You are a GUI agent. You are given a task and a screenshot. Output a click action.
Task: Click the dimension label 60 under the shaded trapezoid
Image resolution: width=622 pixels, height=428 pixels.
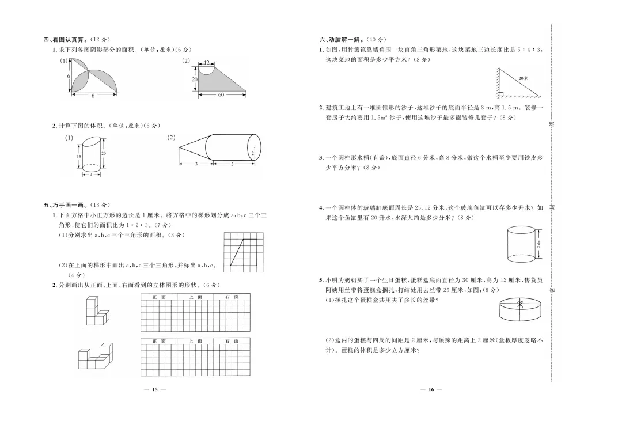click(221, 94)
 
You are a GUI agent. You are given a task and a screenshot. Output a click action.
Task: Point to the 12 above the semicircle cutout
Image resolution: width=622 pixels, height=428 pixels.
click(206, 62)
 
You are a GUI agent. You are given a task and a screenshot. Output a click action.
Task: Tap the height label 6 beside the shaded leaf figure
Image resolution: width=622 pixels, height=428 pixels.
click(68, 76)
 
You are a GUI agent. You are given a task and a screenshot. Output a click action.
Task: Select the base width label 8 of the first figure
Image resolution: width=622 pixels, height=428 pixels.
click(93, 96)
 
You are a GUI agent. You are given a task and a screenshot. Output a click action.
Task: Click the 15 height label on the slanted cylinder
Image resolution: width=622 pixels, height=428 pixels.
click(78, 157)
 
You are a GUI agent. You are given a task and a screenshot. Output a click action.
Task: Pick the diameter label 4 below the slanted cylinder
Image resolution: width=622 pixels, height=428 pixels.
click(90, 174)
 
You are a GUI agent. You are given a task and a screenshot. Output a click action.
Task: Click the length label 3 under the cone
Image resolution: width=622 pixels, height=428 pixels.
click(196, 164)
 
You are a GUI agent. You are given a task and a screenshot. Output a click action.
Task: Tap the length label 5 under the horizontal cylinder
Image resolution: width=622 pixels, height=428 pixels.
click(232, 164)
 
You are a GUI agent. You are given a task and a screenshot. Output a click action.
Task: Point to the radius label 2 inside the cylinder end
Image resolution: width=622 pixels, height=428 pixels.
click(252, 153)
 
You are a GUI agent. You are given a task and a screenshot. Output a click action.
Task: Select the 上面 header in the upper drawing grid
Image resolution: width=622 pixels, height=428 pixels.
click(195, 297)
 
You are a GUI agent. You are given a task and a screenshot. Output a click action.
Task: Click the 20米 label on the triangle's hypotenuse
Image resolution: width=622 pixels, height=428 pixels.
click(522, 78)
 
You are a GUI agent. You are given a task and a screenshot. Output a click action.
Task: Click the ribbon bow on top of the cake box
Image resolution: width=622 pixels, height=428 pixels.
click(519, 303)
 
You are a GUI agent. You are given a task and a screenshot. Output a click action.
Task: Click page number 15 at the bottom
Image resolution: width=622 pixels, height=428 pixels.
click(154, 390)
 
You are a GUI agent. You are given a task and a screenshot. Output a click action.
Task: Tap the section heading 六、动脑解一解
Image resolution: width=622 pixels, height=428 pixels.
click(342, 40)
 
